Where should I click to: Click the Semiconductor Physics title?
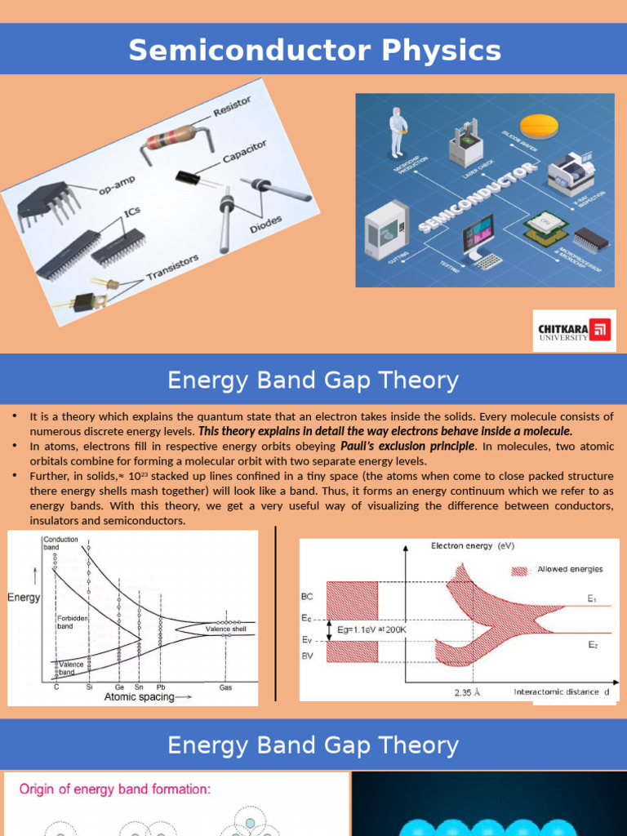tap(314, 51)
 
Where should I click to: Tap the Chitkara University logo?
tap(574, 331)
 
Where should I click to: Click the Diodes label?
tap(266, 223)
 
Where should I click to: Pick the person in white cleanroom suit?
tap(398, 132)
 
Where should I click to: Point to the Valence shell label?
tap(225, 629)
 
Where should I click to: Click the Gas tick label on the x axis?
tap(225, 687)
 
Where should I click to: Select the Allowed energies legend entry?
tap(563, 570)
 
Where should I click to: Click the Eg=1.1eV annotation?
tap(372, 629)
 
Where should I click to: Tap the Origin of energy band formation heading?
tap(114, 789)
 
